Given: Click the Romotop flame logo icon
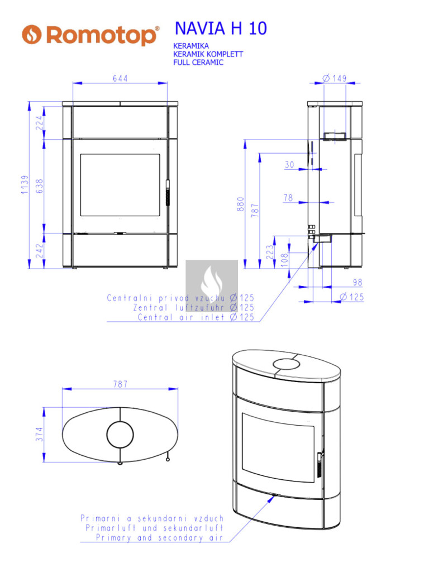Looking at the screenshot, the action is (x=32, y=35).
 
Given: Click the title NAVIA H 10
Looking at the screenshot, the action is (x=221, y=28).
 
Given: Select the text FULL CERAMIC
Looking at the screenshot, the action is (x=198, y=63).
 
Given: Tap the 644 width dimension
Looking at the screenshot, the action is (x=120, y=78).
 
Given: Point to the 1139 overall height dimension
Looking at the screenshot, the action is (x=25, y=184).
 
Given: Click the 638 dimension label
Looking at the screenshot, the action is (x=40, y=186).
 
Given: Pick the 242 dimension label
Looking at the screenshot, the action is (x=40, y=251).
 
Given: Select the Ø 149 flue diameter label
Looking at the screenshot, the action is (x=335, y=78).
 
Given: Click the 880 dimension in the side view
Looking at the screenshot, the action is (x=240, y=204).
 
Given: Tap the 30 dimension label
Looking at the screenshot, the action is (x=289, y=165).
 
